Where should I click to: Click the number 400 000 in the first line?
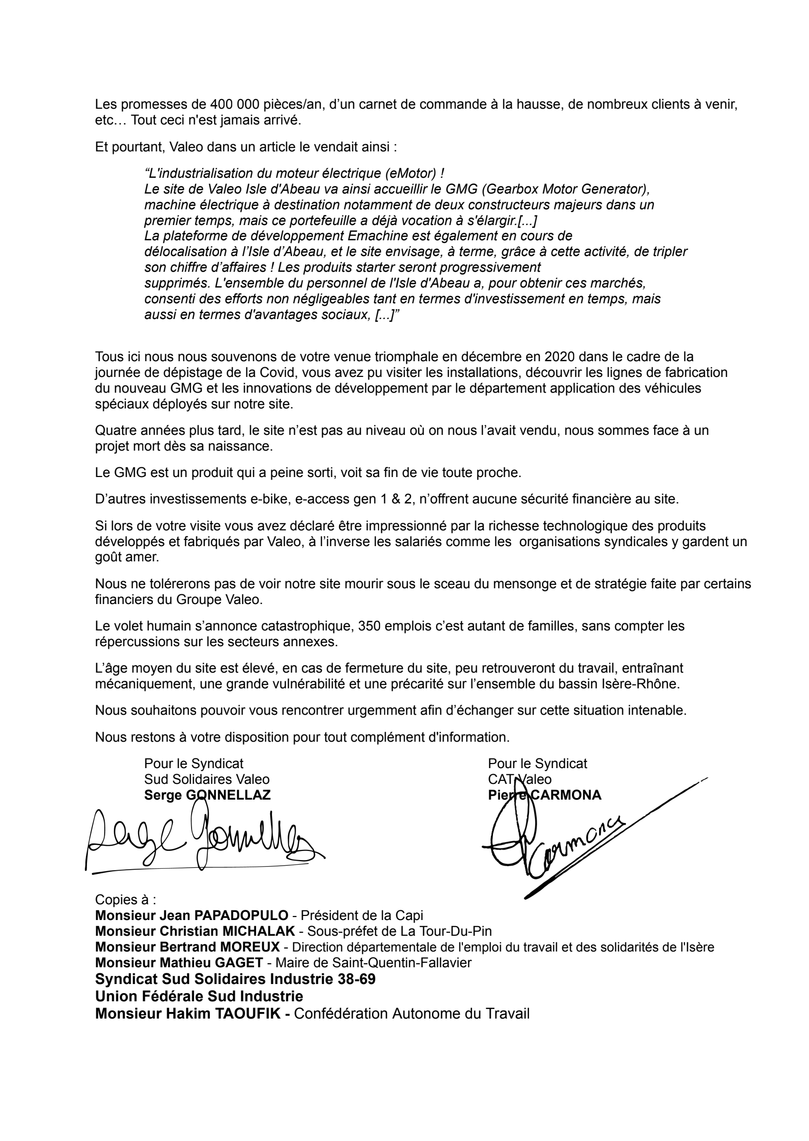tap(234, 106)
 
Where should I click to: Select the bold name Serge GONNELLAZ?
tap(207, 796)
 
